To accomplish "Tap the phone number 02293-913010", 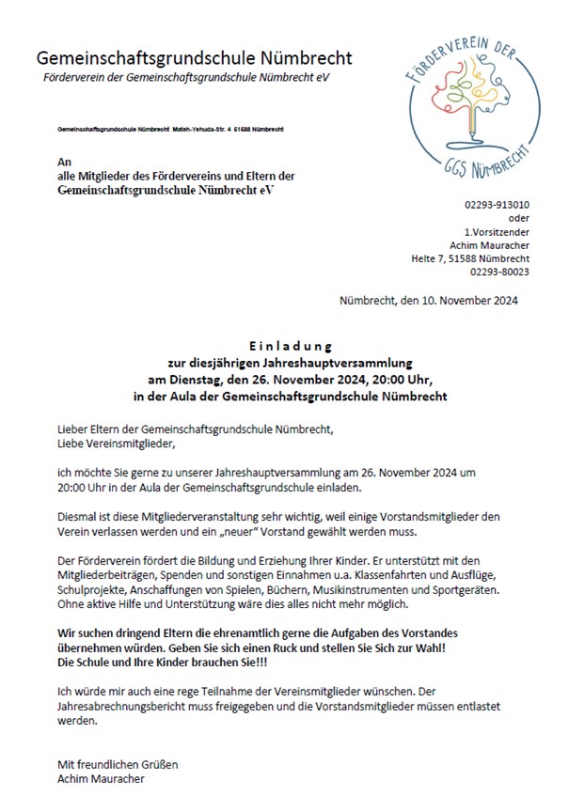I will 497,204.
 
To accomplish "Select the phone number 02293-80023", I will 499,272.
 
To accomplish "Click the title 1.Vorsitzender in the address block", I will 496,231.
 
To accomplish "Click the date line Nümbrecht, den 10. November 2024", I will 428,303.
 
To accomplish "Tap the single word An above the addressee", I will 65,162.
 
